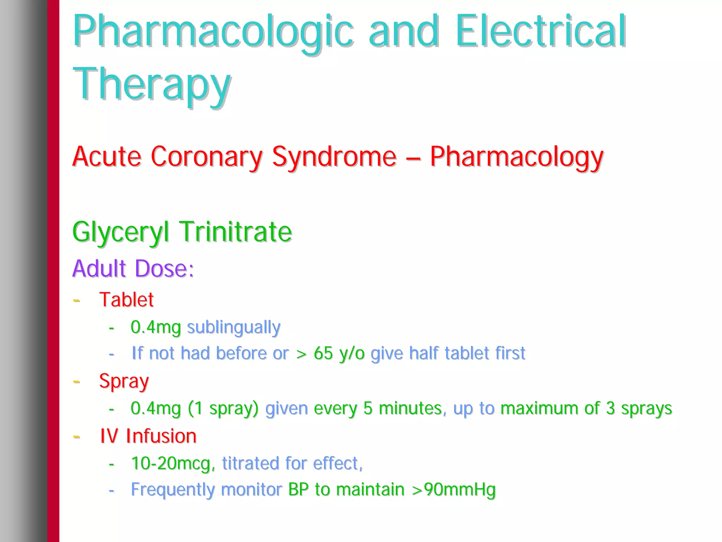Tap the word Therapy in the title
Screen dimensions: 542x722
tap(152, 85)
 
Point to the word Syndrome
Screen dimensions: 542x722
tap(334, 157)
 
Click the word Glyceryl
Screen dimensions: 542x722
tap(120, 232)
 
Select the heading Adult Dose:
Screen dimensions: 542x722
tap(133, 269)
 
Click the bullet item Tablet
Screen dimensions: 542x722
tap(126, 300)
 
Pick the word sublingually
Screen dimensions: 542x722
tap(233, 328)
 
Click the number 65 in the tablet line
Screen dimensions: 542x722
tap(323, 353)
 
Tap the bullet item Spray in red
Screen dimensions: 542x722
tap(124, 382)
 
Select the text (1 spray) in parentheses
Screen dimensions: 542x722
tap(223, 408)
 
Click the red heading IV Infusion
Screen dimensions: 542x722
tap(148, 436)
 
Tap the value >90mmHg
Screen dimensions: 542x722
tap(454, 489)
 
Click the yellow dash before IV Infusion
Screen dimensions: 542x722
tap(77, 437)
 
